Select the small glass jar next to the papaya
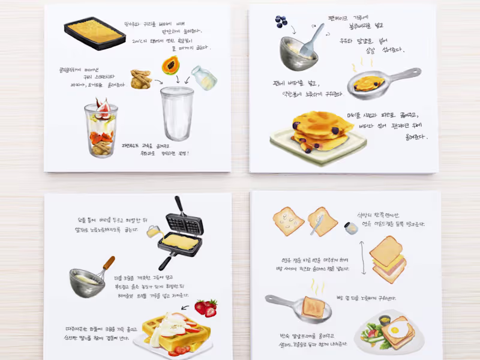click(204, 77)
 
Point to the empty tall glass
click(177, 113)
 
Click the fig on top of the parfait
click(103, 109)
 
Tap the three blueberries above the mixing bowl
click(281, 22)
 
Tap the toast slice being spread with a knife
click(322, 222)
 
